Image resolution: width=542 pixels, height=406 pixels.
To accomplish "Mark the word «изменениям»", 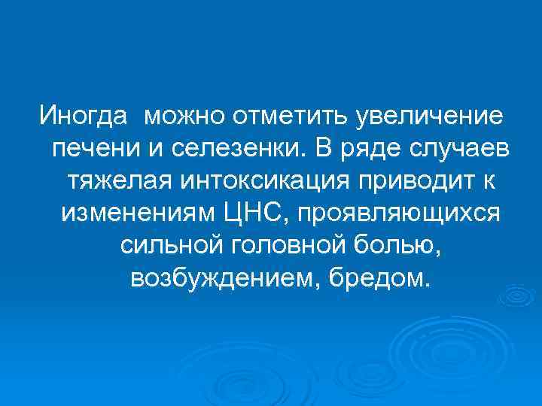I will (144, 214).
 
